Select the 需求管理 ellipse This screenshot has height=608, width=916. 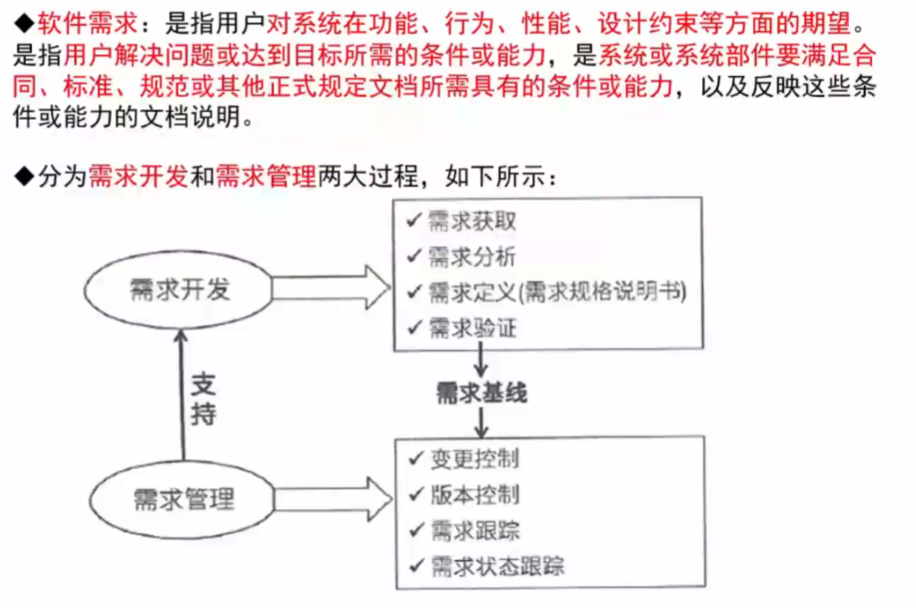click(183, 499)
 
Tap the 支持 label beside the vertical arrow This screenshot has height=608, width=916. click(205, 399)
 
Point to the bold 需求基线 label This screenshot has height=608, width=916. click(481, 393)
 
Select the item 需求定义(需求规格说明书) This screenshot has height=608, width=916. click(557, 292)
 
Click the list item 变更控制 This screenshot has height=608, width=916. click(473, 458)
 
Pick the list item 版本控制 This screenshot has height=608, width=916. click(473, 494)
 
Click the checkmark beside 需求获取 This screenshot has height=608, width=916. click(413, 220)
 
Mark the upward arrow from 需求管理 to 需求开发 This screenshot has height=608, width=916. click(182, 392)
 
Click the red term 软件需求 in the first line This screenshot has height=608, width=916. click(87, 24)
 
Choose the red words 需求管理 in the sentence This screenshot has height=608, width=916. click(266, 176)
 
